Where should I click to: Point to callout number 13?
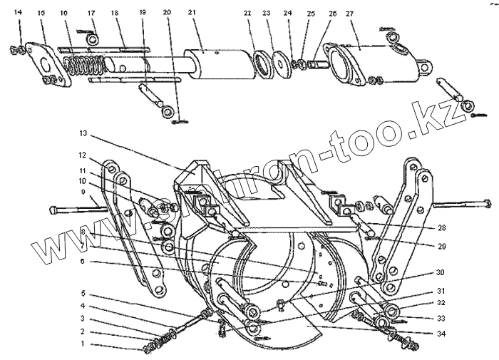[x=83, y=133]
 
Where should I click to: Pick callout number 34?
[x=443, y=333]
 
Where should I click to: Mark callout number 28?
[x=443, y=229]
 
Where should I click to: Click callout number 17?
[x=91, y=13]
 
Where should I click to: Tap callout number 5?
[x=83, y=293]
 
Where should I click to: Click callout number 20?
[x=166, y=13]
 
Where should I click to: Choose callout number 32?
[x=443, y=302]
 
